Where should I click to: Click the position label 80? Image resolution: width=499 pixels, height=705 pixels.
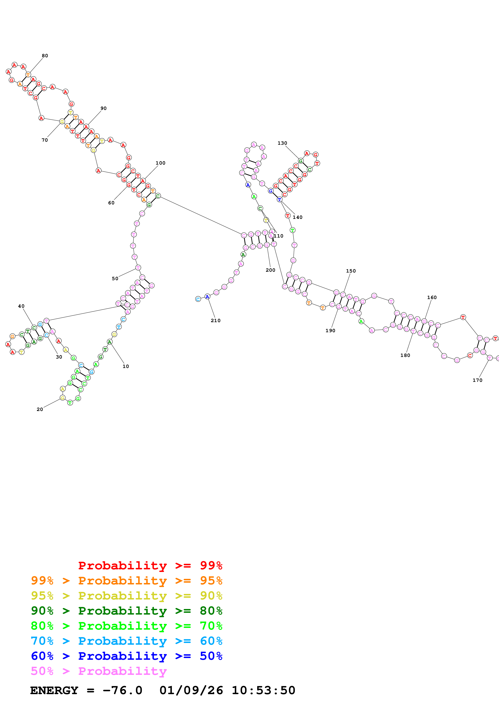(45, 56)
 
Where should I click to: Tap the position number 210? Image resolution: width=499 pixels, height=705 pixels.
(216, 321)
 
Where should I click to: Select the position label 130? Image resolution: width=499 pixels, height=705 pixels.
(282, 143)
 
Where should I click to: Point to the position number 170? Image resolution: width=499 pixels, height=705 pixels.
(477, 380)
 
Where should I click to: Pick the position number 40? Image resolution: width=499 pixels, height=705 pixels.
(21, 306)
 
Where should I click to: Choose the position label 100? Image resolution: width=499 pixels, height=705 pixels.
(160, 163)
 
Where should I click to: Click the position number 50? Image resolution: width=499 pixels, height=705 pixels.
(115, 279)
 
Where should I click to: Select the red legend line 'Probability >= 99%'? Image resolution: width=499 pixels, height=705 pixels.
(150, 565)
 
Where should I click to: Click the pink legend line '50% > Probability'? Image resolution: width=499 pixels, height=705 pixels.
(99, 671)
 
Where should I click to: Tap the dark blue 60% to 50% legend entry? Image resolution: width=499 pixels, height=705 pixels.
(126, 656)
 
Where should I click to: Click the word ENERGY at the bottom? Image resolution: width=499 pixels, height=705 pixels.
(54, 691)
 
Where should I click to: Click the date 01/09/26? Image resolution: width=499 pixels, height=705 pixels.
(191, 691)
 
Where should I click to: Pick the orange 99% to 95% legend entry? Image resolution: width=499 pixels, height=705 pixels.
(126, 581)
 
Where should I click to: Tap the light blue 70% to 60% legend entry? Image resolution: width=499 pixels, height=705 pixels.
(126, 641)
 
